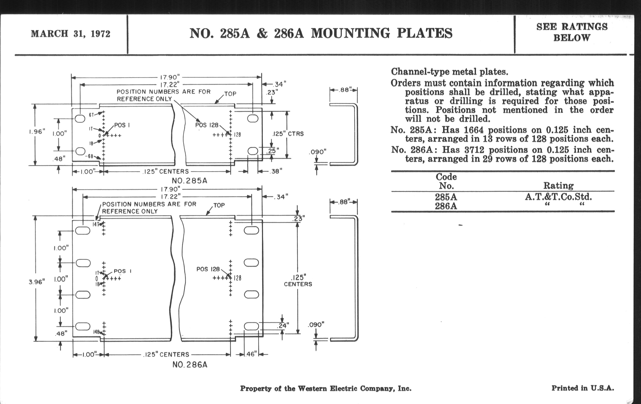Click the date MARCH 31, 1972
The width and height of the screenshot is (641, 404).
tap(71, 34)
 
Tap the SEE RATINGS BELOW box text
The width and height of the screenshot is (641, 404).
tap(572, 32)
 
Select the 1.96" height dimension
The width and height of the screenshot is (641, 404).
tap(37, 131)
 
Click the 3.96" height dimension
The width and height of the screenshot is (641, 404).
tap(37, 282)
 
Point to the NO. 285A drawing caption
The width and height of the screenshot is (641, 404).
tap(190, 181)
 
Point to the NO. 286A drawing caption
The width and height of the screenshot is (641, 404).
tap(190, 365)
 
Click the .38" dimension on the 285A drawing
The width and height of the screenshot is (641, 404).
tap(276, 171)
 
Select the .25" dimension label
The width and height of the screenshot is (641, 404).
tap(272, 151)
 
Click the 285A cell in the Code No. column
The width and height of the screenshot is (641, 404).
tap(446, 197)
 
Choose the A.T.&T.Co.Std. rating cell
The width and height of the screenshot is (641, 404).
tap(558, 197)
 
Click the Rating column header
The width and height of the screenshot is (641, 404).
tap(558, 185)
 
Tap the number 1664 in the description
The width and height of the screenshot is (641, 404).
tap(474, 130)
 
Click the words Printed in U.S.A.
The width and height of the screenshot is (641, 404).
tap(582, 388)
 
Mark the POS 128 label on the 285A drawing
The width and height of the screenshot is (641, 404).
tap(207, 125)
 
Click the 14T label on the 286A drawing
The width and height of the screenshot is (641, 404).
tap(96, 224)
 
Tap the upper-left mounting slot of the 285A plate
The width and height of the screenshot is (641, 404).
tap(80, 119)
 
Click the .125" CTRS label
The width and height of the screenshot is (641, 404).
tap(288, 134)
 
